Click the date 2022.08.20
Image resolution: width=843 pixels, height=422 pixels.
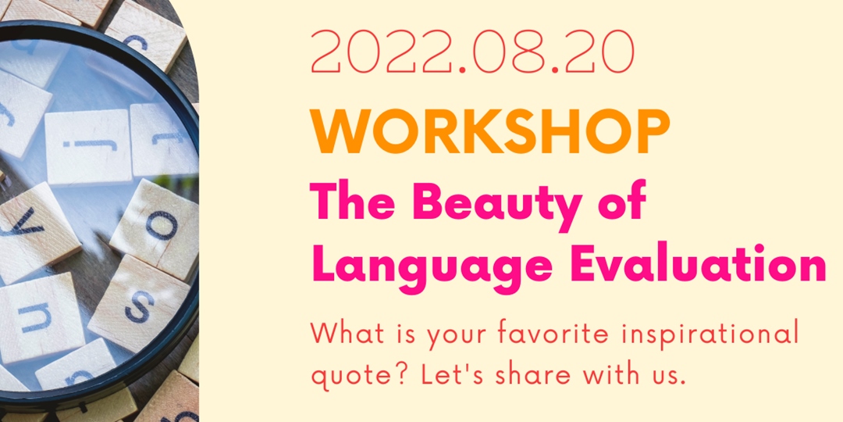point(473,54)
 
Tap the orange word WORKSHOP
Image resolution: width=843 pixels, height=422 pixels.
point(490,132)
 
